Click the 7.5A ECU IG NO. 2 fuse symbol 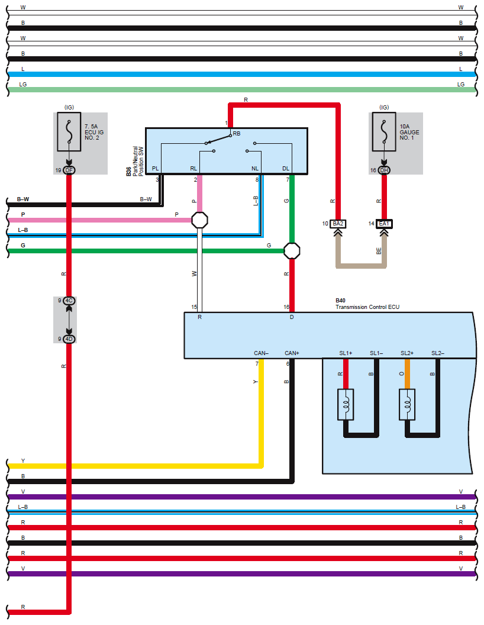click(x=69, y=132)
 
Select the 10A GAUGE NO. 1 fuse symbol click(x=384, y=132)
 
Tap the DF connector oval click(x=69, y=170)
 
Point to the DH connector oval click(x=384, y=170)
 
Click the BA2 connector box click(x=338, y=224)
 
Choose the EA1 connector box click(x=384, y=224)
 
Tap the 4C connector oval click(x=69, y=301)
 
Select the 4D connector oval click(x=69, y=339)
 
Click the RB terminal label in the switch click(x=237, y=134)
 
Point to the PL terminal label click(x=156, y=169)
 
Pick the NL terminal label click(x=255, y=169)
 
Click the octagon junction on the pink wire click(x=199, y=220)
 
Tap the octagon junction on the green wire click(x=292, y=251)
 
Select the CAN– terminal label click(x=262, y=353)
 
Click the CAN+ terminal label click(x=292, y=353)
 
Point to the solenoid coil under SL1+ click(x=346, y=405)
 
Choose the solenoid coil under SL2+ click(x=407, y=405)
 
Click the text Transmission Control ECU click(x=367, y=307)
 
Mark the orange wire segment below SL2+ click(x=407, y=374)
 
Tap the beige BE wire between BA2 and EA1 click(x=361, y=266)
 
